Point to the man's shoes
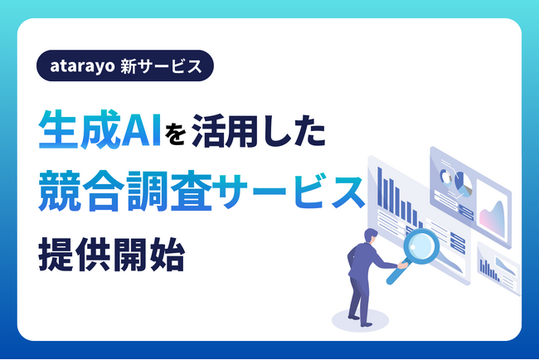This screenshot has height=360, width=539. pos(355,320)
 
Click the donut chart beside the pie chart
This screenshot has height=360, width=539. pos(445,177)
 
